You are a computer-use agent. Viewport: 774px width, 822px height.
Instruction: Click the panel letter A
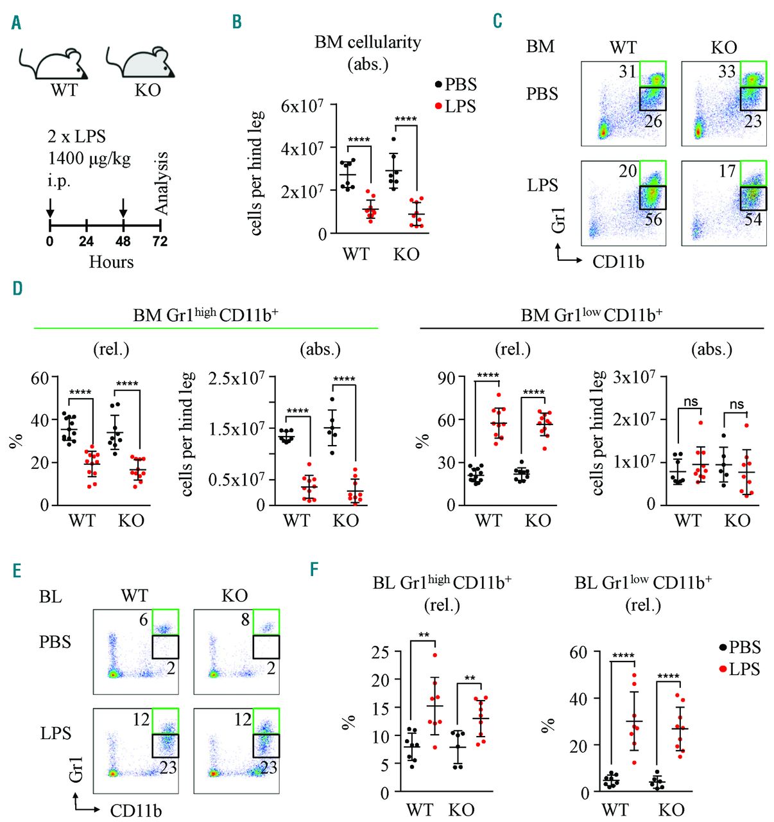pos(16,23)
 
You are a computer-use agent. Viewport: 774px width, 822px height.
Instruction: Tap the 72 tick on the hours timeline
pos(160,241)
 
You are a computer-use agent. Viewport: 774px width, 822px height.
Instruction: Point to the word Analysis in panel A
pos(161,183)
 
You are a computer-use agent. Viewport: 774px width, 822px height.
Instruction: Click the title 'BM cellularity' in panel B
pos(368,42)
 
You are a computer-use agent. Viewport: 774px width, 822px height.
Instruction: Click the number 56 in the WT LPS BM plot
pos(653,220)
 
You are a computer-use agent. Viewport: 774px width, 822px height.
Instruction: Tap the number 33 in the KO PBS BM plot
pos(727,71)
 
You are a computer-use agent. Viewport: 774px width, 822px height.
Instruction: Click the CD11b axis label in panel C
pos(618,261)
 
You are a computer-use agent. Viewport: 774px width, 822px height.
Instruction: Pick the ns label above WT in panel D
pos(691,402)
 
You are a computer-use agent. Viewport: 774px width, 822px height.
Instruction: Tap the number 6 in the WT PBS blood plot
pos(144,619)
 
